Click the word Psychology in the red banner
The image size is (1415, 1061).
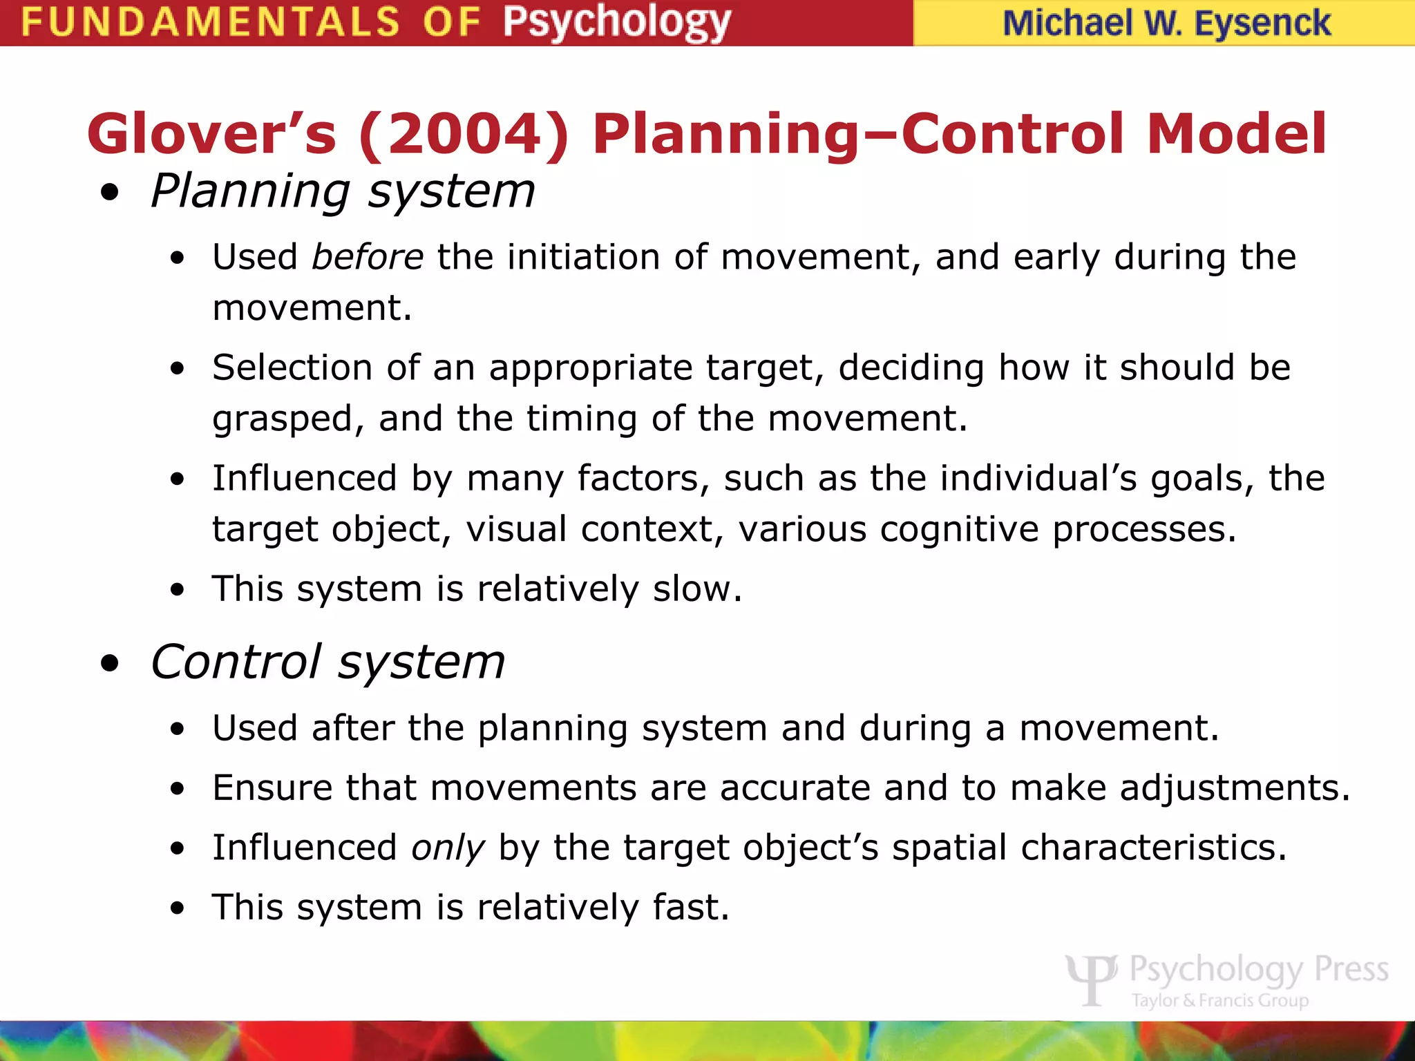(x=616, y=22)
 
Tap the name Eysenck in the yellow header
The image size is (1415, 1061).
(x=1262, y=23)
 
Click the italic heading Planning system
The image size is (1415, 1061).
(x=343, y=191)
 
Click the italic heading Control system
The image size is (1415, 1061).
(x=327, y=662)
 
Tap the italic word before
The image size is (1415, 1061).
(x=367, y=257)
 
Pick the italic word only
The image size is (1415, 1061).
(x=448, y=848)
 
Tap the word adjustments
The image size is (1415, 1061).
(x=1234, y=788)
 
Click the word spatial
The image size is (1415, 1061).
(x=949, y=848)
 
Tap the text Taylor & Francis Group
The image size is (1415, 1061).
(x=1219, y=1000)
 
